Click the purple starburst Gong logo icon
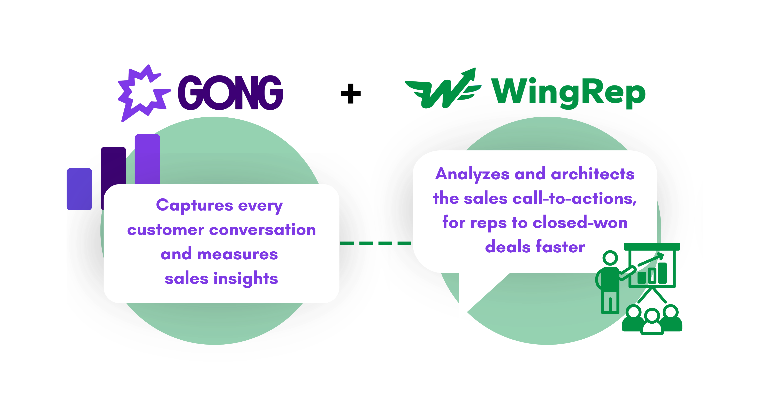tap(142, 93)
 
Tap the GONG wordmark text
tap(230, 93)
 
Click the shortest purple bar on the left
tap(79, 189)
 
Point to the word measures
tap(237, 254)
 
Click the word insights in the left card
tap(246, 279)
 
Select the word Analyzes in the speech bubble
tap(472, 174)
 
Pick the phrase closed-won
tap(580, 223)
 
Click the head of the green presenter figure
tap(610, 258)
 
